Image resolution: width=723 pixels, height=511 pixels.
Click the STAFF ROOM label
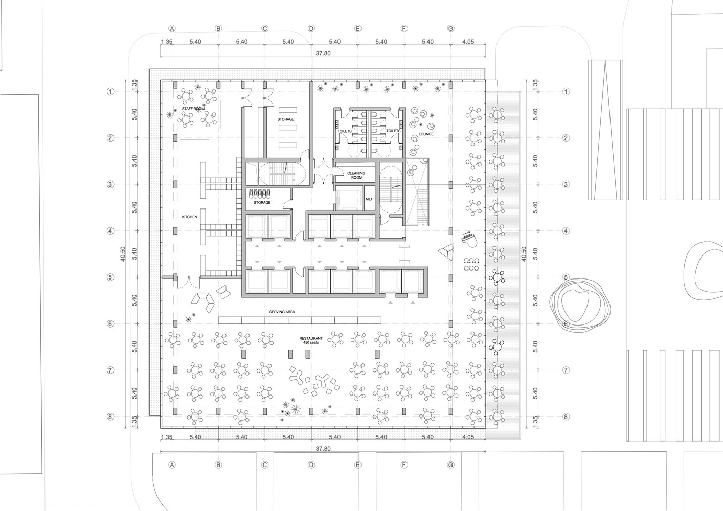193,109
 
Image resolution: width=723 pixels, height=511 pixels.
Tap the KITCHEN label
189,217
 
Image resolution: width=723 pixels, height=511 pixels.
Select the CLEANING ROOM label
356,175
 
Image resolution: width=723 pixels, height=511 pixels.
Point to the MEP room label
370,200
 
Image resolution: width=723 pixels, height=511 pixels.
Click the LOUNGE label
425,134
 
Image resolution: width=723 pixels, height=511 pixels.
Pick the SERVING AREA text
282,312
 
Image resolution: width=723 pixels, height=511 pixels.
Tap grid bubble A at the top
172,28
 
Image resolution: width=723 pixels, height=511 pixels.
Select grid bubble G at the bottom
450,465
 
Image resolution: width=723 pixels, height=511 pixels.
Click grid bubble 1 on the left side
110,92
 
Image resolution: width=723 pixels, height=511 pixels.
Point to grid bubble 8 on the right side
566,417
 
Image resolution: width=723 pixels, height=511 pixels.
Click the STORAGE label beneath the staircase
262,203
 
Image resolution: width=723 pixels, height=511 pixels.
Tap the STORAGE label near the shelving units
286,119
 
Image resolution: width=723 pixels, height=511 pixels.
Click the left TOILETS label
345,131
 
